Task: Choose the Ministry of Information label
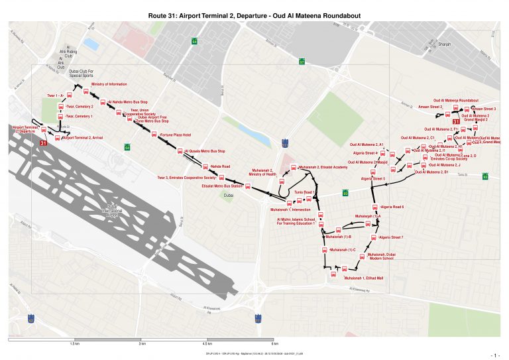pyautogui.click(x=109, y=84)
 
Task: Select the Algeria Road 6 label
pyautogui.click(x=390, y=207)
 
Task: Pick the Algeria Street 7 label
pyautogui.click(x=391, y=237)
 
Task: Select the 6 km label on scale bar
pyautogui.click(x=274, y=345)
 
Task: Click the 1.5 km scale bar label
pyautogui.click(x=74, y=345)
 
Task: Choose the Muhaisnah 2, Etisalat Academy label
pyautogui.click(x=323, y=167)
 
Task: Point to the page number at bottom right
pyautogui.click(x=493, y=355)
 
